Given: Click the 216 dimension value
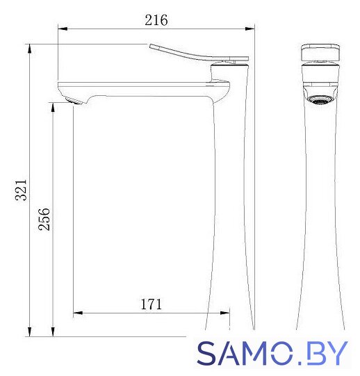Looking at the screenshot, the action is coord(156,20).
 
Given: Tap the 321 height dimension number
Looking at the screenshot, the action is coord(21,190).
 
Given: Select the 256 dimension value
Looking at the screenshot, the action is coord(44,219).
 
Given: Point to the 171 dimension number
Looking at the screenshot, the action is coord(151,304).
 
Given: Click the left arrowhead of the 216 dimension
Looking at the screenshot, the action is coord(63,28).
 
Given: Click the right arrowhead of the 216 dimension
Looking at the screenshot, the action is coord(249,28).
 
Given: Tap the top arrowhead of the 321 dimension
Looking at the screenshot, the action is coord(29,49).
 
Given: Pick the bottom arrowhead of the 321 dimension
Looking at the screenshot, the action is coord(29,332).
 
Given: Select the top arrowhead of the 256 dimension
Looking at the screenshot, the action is coord(53,108).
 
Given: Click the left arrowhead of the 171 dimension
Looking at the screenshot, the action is coord(78,313).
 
